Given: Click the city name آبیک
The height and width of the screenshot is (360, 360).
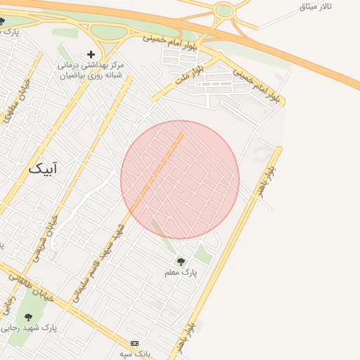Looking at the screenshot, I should (46, 169).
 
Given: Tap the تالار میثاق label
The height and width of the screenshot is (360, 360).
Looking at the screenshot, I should (315, 6).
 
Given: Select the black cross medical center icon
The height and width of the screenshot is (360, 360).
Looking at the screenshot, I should (91, 54).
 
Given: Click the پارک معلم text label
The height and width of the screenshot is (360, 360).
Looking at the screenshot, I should (181, 272).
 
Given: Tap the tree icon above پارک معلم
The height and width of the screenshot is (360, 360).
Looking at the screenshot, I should (181, 262).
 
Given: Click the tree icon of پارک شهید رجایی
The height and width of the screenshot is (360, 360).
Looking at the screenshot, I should (29, 317).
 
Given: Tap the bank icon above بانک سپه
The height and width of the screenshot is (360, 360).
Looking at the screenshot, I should (135, 343).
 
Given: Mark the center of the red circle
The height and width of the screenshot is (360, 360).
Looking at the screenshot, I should (180, 180).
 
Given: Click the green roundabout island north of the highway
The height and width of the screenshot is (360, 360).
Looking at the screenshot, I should (224, 11).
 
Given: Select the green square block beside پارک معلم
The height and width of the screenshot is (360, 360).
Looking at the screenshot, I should (203, 255).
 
